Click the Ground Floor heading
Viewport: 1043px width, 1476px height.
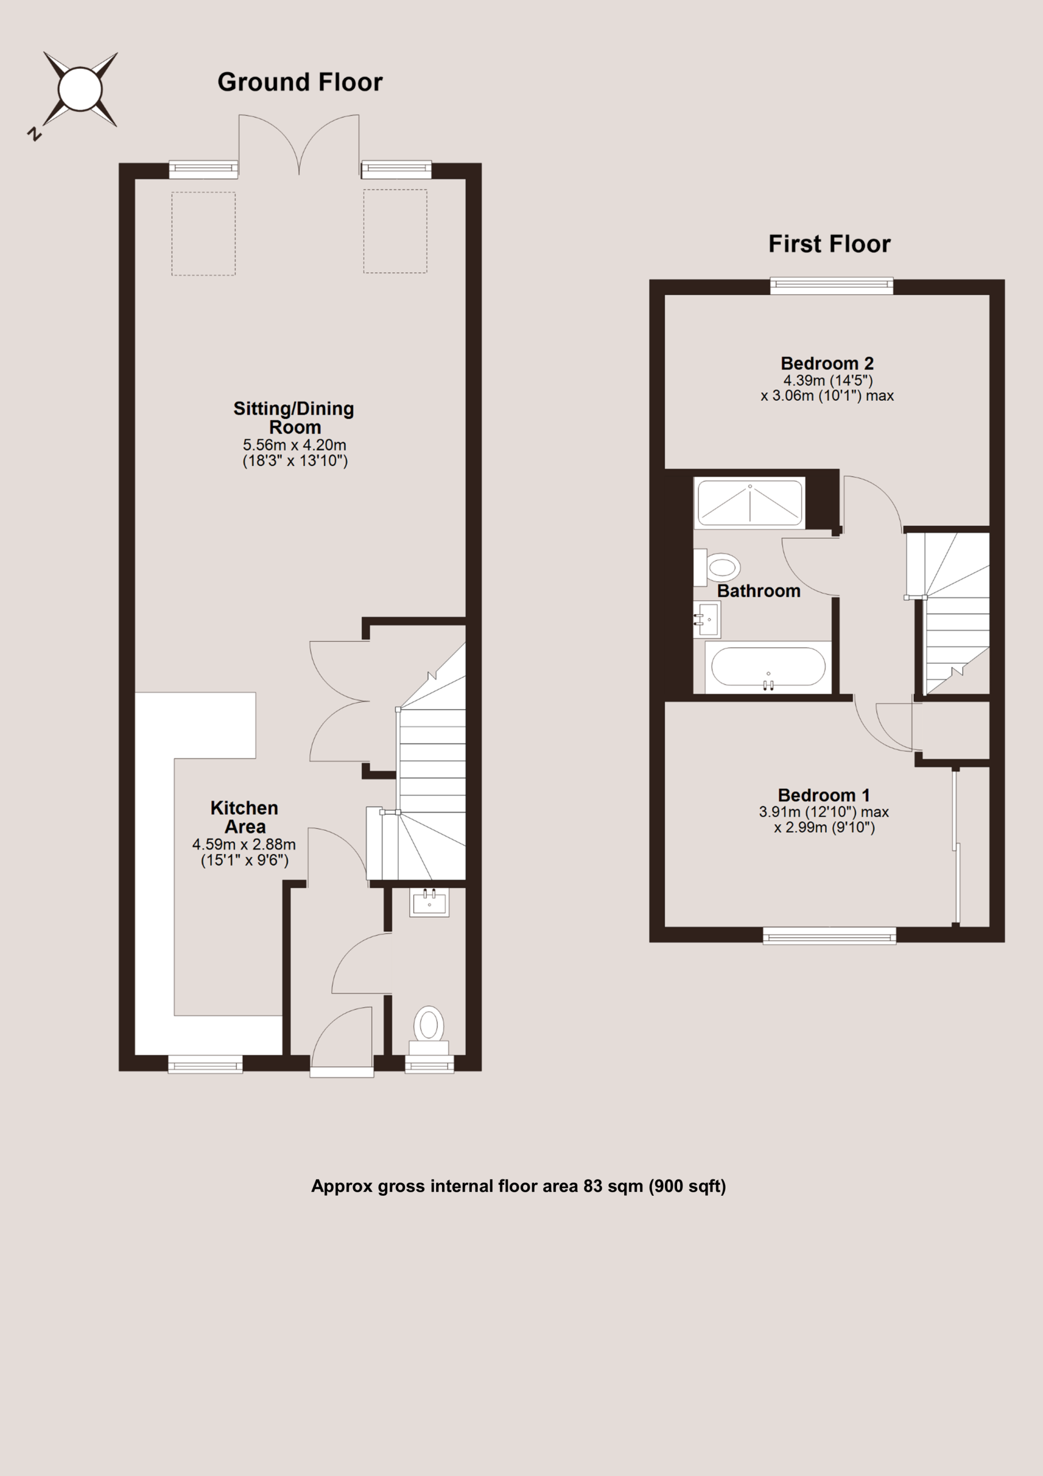pyautogui.click(x=300, y=82)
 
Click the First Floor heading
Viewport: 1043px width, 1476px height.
pyautogui.click(x=829, y=244)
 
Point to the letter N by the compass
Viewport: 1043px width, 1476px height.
pyautogui.click(x=34, y=134)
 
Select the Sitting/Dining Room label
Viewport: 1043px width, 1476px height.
pyautogui.click(x=294, y=418)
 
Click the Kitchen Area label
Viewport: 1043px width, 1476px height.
pyautogui.click(x=244, y=817)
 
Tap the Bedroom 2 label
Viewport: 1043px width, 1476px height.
pyautogui.click(x=827, y=363)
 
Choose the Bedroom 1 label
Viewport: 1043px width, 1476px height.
pyautogui.click(x=824, y=795)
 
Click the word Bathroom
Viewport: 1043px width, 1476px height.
pyautogui.click(x=758, y=591)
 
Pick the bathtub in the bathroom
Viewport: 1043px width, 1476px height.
pyautogui.click(x=768, y=667)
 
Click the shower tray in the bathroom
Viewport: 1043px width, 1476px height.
pyautogui.click(x=750, y=503)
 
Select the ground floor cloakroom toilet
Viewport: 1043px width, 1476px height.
pyautogui.click(x=429, y=1030)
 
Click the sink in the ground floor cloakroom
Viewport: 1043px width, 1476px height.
pyautogui.click(x=429, y=902)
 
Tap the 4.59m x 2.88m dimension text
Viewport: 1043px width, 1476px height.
pyautogui.click(x=244, y=844)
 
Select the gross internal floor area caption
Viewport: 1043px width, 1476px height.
pyautogui.click(x=519, y=1186)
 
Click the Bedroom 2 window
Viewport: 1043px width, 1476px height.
pyautogui.click(x=832, y=285)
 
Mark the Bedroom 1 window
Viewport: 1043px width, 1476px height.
pyautogui.click(x=830, y=935)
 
